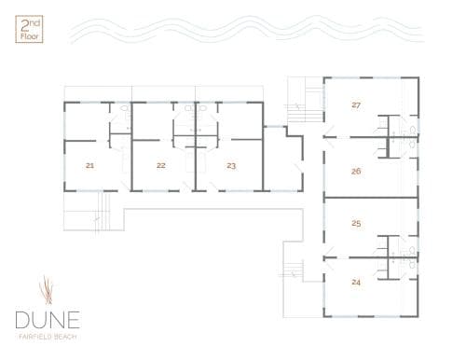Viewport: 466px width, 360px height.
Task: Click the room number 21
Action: tap(89, 165)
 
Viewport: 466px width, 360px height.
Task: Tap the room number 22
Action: tap(161, 165)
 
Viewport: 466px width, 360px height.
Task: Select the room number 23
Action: tap(231, 166)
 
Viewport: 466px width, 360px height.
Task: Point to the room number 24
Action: tap(356, 282)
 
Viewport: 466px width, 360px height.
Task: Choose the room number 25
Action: tap(356, 223)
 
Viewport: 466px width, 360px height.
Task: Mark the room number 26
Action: tap(356, 171)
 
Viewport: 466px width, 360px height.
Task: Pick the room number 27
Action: tap(356, 105)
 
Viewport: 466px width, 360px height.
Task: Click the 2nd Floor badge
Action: tap(29, 29)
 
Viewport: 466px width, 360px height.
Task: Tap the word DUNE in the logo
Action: tap(48, 320)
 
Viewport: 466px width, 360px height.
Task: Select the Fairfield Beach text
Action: tap(48, 337)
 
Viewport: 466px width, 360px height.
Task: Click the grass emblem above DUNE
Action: tap(47, 290)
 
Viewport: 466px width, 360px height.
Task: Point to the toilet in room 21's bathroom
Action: tap(125, 108)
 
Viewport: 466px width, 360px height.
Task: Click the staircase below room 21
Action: tap(103, 212)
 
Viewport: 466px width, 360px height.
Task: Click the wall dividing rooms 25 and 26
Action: tap(371, 198)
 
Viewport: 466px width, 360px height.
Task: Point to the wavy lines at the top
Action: tap(246, 30)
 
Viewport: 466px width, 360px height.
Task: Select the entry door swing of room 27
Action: tap(329, 131)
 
